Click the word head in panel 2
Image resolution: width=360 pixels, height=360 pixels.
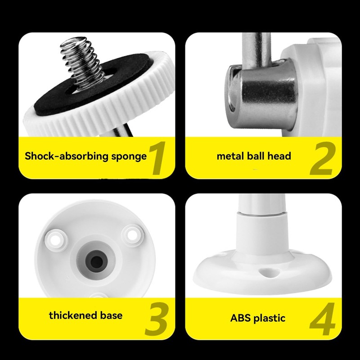click(x=280, y=156)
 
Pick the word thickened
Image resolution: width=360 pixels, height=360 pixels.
click(x=72, y=315)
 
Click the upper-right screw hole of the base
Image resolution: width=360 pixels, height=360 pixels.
click(x=133, y=234)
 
